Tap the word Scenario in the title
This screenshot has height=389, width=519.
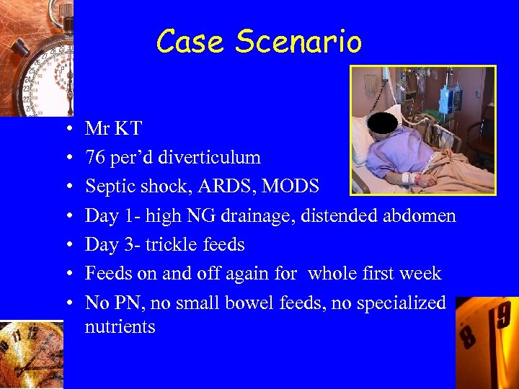tap(298, 42)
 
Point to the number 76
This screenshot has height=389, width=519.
tap(95, 158)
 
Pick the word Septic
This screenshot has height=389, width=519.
tap(110, 187)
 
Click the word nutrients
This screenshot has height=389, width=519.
tap(120, 326)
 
